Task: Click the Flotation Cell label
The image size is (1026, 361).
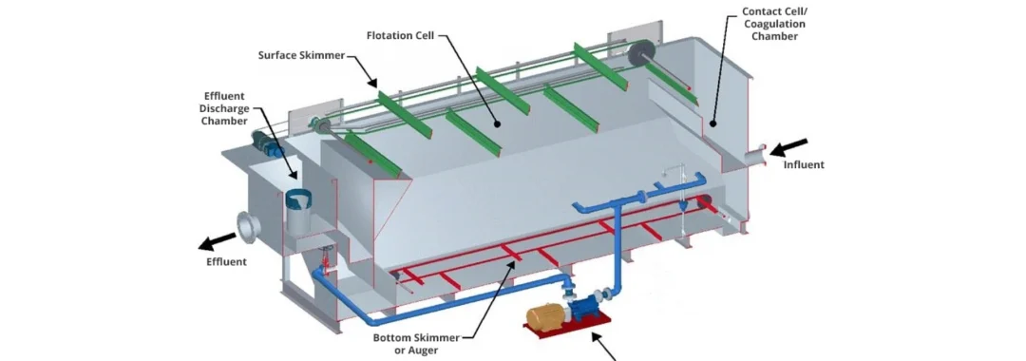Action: tap(400, 36)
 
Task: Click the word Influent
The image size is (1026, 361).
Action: tap(804, 164)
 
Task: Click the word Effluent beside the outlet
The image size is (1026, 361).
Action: tap(226, 261)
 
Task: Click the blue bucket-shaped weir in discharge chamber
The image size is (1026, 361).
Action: tap(300, 201)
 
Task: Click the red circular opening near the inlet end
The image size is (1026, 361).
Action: tap(705, 201)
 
